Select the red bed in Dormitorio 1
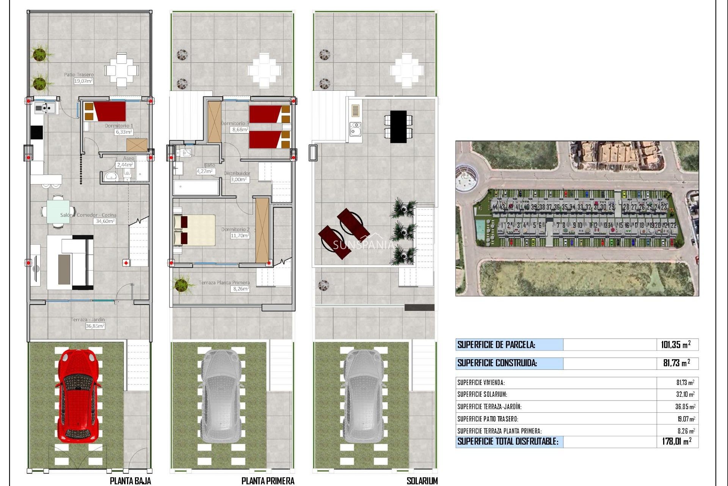(110, 111)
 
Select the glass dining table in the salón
(58, 211)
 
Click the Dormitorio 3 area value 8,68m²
(240, 129)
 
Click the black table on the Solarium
(398, 126)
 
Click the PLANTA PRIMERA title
(268, 481)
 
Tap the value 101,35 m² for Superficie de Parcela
(675, 345)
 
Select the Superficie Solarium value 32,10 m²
(685, 394)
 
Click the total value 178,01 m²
(676, 441)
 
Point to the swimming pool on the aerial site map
(480, 228)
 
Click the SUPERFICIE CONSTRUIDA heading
(497, 363)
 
